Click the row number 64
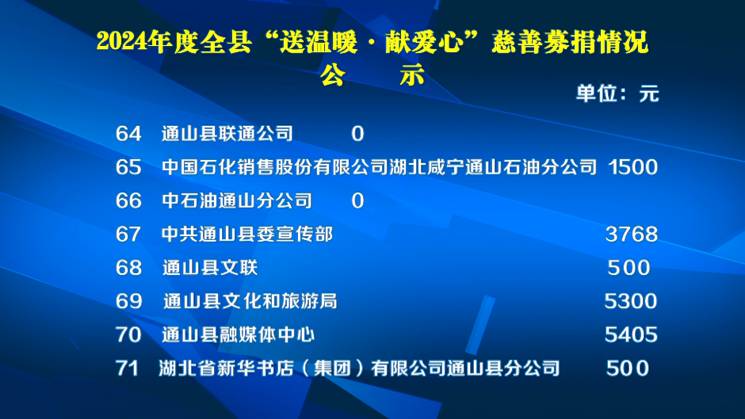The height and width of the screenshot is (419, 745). (x=128, y=134)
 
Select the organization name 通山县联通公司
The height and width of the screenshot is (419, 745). (x=227, y=134)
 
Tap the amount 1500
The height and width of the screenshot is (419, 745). (x=633, y=167)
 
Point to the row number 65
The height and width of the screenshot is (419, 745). (x=128, y=167)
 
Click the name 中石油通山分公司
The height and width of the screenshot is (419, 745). (x=237, y=200)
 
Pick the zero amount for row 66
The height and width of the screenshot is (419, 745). (x=357, y=200)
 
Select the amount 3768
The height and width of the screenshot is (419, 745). (x=632, y=234)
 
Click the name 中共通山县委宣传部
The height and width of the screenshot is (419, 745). (x=247, y=234)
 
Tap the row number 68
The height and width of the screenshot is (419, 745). (x=128, y=268)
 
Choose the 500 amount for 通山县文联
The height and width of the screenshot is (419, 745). (x=628, y=268)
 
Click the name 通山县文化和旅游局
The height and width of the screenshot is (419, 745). (x=250, y=301)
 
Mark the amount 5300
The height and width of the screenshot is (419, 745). (x=631, y=301)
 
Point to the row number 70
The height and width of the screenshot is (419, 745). (x=128, y=335)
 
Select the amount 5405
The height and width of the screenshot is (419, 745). (x=631, y=335)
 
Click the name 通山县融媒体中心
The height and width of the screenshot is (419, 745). (x=238, y=335)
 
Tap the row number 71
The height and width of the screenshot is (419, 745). (x=127, y=368)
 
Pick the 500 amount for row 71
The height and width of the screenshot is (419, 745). (x=628, y=368)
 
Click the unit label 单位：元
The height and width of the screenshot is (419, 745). (x=617, y=93)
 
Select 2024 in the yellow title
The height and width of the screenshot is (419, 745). (x=121, y=42)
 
